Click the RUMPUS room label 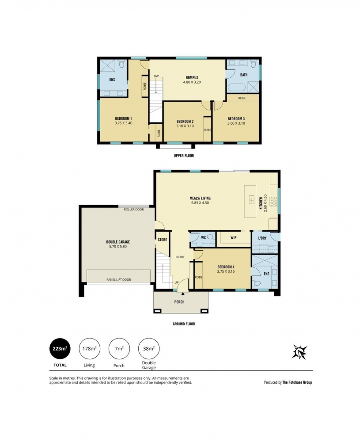pos(192,77)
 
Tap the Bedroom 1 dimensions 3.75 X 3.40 pos(123,123)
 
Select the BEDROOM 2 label pos(185,122)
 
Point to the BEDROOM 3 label pos(236,118)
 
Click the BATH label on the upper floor pos(244,75)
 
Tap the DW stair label pos(156,76)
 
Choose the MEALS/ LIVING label pos(200,198)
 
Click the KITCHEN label pos(261,203)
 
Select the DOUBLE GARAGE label pos(118,242)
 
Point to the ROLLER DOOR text pos(134,210)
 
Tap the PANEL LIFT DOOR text pos(118,280)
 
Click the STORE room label pos(162,240)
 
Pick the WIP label pos(233,238)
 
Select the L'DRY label pos(262,238)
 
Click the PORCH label pos(179,302)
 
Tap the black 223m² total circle pos(60,349)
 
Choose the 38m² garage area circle pos(149,349)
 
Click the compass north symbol pos(299,352)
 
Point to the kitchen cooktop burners pos(273,201)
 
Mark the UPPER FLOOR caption pos(184,156)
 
